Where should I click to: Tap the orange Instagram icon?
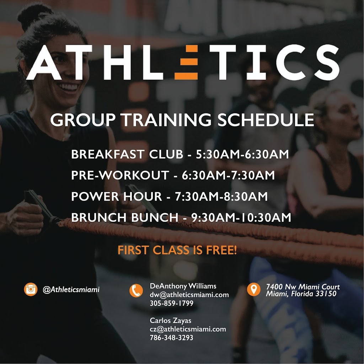pyautogui.click(x=31, y=289)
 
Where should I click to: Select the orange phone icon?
pyautogui.click(x=136, y=291)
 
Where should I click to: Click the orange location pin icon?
pyautogui.click(x=253, y=289)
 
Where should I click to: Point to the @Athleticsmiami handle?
pyautogui.click(x=71, y=290)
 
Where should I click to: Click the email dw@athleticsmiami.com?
pyautogui.click(x=189, y=295)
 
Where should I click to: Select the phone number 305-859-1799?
pyautogui.click(x=171, y=303)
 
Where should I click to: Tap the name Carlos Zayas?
pyautogui.click(x=171, y=321)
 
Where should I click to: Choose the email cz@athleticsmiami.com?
pyautogui.click(x=188, y=329)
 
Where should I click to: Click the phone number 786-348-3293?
pyautogui.click(x=171, y=338)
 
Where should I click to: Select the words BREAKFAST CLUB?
pyautogui.click(x=126, y=155)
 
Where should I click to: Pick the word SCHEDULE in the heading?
pyautogui.click(x=266, y=120)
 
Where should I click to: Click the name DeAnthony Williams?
pyautogui.click(x=183, y=286)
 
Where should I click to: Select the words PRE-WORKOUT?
pyautogui.click(x=120, y=175)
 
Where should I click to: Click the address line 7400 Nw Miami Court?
pyautogui.click(x=303, y=287)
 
